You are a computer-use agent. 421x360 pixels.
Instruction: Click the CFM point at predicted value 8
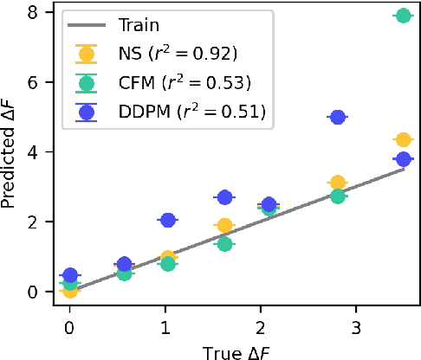pos(403,16)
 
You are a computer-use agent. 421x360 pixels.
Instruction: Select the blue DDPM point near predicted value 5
pos(338,117)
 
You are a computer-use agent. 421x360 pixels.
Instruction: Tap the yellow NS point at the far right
pos(403,139)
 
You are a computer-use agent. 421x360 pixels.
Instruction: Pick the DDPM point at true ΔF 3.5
pos(403,159)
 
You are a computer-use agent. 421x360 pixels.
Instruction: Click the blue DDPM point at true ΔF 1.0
pos(168,221)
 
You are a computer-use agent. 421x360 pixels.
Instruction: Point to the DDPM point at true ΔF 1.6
pos(224,197)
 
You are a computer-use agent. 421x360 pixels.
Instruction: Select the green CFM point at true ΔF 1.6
pos(224,244)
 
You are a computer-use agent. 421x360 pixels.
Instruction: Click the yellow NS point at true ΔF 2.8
pos(338,183)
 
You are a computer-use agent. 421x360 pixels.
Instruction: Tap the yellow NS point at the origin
pos(70,290)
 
